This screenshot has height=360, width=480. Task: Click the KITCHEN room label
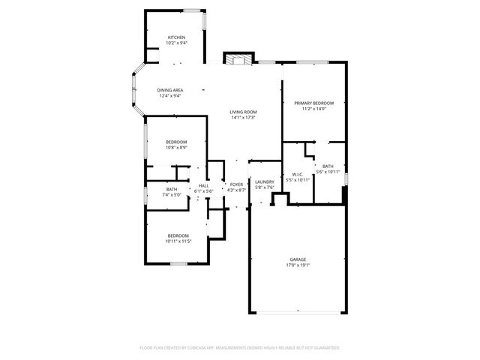click(x=176, y=37)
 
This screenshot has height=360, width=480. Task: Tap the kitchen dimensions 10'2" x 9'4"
click(x=176, y=43)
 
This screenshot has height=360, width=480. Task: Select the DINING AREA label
click(x=170, y=90)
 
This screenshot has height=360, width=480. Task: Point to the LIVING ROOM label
click(x=243, y=112)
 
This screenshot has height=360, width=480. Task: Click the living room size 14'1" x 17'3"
click(x=243, y=118)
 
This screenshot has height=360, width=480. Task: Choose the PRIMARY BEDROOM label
click(x=313, y=103)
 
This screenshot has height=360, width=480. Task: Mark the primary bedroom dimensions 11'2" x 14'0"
click(x=313, y=109)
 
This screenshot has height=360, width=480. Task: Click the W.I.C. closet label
click(x=298, y=175)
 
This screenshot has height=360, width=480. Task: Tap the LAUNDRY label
click(x=264, y=181)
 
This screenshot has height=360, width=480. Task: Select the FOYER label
click(x=236, y=184)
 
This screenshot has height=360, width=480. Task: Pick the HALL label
click(x=204, y=185)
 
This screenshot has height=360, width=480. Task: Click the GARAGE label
click(x=298, y=259)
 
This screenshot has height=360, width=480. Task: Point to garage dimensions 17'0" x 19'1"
click(x=298, y=265)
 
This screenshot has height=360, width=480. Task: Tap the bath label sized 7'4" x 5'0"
click(x=172, y=189)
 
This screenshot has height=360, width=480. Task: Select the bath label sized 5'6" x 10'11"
click(x=328, y=166)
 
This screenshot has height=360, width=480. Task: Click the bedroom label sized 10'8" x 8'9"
click(x=176, y=142)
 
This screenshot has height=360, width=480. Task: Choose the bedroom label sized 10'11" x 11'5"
click(x=176, y=235)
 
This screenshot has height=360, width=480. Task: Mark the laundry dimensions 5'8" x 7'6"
click(x=264, y=187)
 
